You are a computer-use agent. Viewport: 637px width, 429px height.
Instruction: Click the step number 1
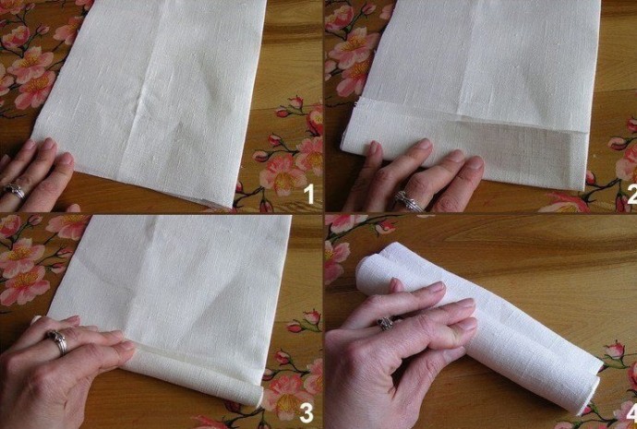coord(310,194)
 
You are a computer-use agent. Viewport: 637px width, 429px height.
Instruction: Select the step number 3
coord(306,413)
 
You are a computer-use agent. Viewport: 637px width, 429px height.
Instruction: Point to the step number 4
coord(631,414)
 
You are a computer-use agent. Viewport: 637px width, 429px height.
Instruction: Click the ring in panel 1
coord(15,190)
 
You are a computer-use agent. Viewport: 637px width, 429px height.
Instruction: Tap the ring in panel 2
coord(408,202)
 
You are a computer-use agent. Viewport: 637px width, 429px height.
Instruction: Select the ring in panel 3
coord(57,341)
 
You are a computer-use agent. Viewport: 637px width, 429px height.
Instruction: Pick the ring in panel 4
coord(386,323)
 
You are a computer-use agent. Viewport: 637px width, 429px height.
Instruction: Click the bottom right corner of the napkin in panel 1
coord(229,207)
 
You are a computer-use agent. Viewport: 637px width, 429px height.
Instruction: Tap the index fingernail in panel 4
coord(436,287)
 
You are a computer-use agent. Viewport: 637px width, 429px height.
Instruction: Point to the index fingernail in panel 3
coord(126,346)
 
